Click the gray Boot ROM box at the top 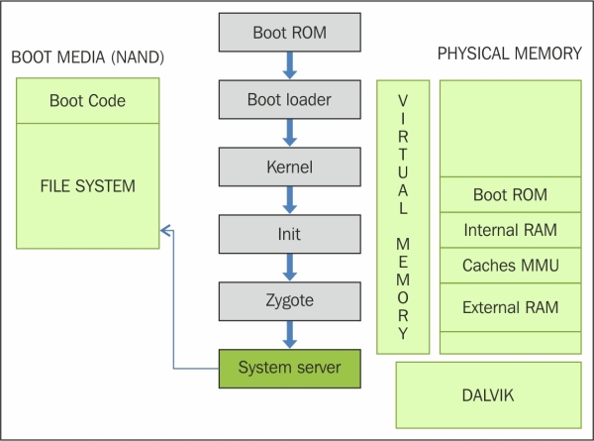[290, 33]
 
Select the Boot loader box [290, 99]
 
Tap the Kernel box [290, 166]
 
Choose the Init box [290, 234]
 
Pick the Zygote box [290, 301]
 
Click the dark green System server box [290, 369]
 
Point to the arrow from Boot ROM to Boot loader [290, 65]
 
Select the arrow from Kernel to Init [290, 200]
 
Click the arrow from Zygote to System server [290, 335]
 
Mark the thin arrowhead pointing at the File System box [165, 230]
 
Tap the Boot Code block [87, 100]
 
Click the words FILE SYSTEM [87, 186]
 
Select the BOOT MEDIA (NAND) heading [87, 57]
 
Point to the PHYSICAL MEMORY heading [510, 54]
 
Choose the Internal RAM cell [510, 230]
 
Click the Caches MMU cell [510, 265]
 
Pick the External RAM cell [510, 307]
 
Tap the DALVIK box [488, 395]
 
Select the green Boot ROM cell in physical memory [510, 194]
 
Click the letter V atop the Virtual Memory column [403, 101]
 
